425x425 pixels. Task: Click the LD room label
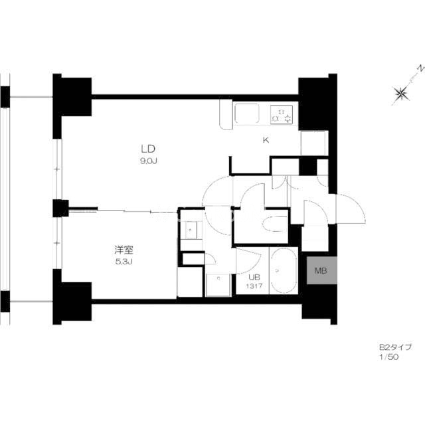[148, 149]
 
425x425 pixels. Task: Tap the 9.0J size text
[149, 161]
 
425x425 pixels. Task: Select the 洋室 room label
[124, 250]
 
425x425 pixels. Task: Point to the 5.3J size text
[124, 262]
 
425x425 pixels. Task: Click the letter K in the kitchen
[266, 140]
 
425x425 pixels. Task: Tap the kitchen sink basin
[246, 113]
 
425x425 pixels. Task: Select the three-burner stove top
[282, 114]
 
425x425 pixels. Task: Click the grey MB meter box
[321, 270]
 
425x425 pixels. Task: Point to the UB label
[254, 277]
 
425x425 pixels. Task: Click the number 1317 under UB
[254, 286]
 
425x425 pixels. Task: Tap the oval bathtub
[284, 270]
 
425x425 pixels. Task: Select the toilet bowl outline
[274, 224]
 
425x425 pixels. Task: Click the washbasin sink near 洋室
[191, 230]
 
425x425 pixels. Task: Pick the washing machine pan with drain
[218, 285]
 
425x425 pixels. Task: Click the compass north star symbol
[401, 94]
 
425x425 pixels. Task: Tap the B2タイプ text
[395, 347]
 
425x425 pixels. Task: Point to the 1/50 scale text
[388, 357]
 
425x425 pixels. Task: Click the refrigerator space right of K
[313, 143]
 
